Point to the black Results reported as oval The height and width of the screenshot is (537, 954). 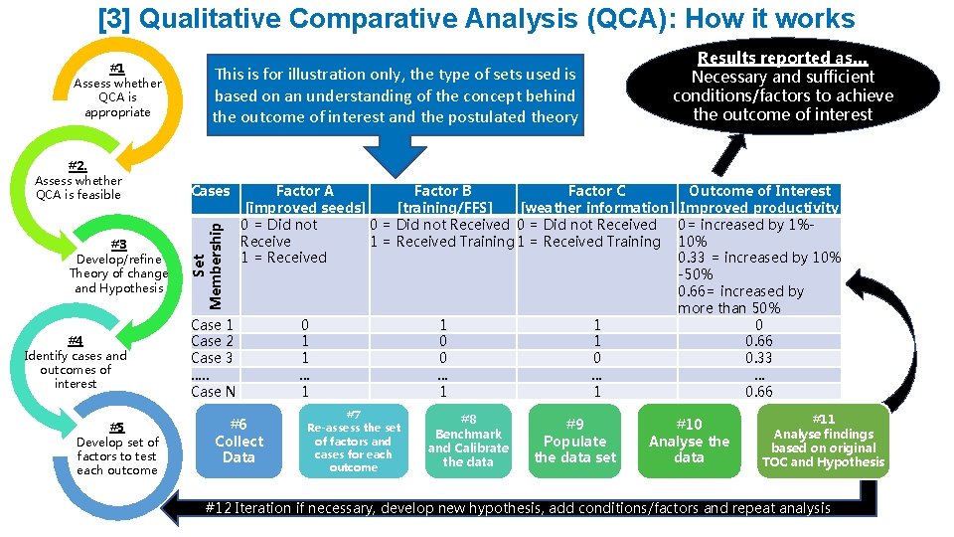(x=782, y=87)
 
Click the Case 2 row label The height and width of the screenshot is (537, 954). (x=212, y=341)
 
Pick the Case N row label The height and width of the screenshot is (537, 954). (x=213, y=392)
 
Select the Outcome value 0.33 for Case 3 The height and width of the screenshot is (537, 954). (x=759, y=358)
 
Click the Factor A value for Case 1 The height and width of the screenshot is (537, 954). (x=305, y=324)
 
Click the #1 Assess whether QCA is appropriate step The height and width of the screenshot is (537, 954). (x=117, y=90)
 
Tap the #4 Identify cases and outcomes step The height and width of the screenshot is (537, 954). (x=76, y=362)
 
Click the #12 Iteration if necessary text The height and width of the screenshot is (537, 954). (x=517, y=508)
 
